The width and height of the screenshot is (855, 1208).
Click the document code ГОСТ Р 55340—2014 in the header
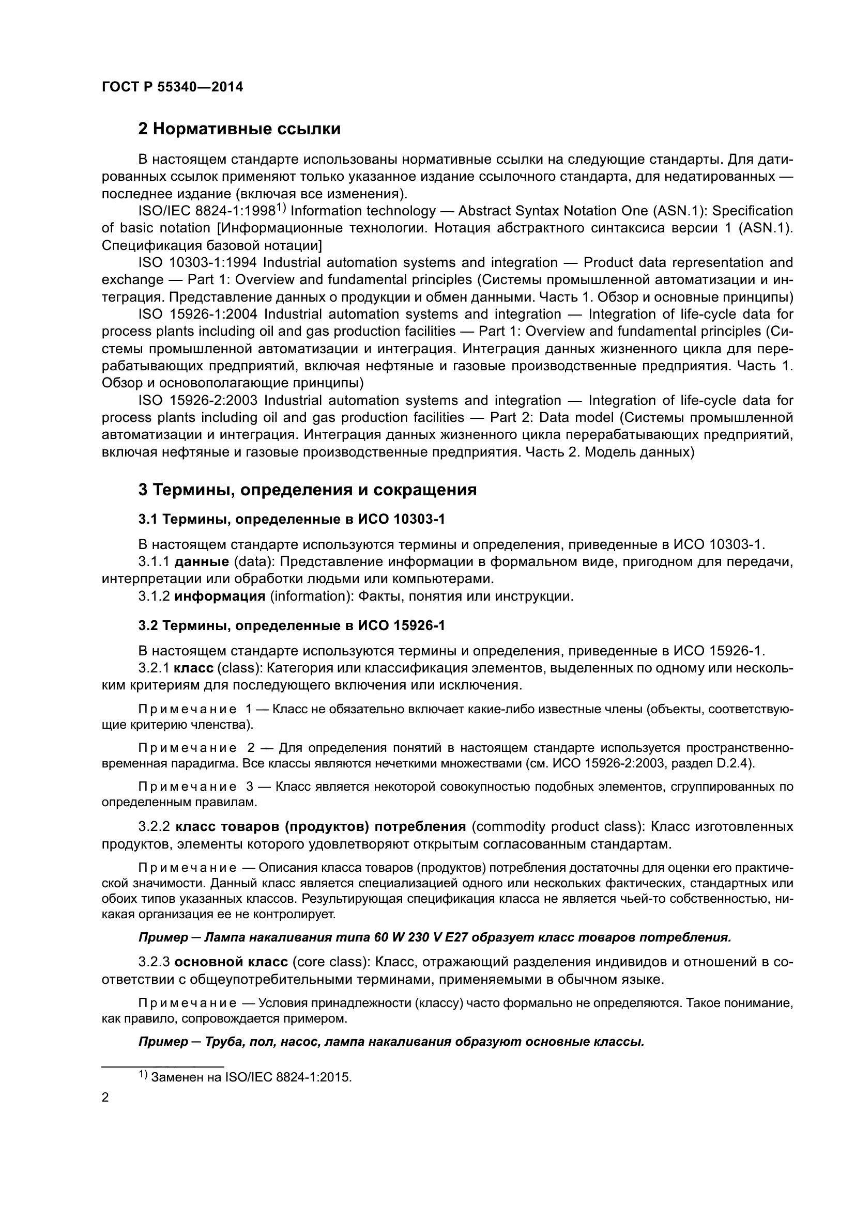click(172, 87)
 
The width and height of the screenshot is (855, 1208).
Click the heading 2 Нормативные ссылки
click(239, 129)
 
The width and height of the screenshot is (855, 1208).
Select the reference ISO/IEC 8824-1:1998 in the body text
click(207, 211)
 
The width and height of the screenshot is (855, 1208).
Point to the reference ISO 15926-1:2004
click(197, 314)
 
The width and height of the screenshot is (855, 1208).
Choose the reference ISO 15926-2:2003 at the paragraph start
click(197, 400)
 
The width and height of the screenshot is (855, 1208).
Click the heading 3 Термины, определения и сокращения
click(307, 490)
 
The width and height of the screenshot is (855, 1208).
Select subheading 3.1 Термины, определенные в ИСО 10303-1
click(291, 519)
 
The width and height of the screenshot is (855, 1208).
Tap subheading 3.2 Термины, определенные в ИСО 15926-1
click(291, 625)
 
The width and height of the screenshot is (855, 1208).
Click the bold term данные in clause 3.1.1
click(201, 562)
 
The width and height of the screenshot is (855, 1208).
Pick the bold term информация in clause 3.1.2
click(220, 596)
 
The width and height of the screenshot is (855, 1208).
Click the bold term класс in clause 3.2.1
click(193, 668)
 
